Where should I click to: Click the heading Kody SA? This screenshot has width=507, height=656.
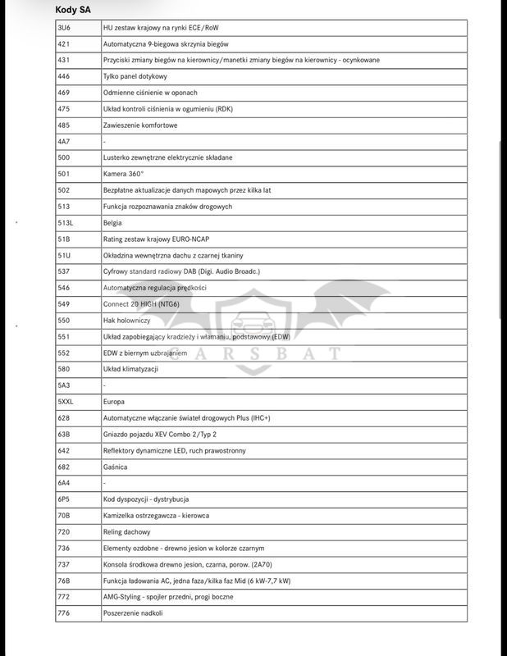click(73, 10)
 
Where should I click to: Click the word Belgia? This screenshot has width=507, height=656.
click(112, 222)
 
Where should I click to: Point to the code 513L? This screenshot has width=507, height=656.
click(66, 222)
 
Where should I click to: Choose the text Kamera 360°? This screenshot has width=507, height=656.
click(123, 174)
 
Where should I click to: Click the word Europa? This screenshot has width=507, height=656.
click(114, 402)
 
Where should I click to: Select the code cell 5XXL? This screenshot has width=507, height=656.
click(66, 402)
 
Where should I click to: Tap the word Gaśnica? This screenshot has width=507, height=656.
click(115, 467)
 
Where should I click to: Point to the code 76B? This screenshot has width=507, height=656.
click(64, 581)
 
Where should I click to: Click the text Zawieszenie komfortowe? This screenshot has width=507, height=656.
click(140, 125)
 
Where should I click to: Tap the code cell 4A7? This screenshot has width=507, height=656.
click(64, 141)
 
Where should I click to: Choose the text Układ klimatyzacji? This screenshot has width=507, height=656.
click(130, 369)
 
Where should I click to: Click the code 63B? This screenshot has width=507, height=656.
click(64, 434)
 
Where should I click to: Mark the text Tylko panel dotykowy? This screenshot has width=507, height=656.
click(135, 76)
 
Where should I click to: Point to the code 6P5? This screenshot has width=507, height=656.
click(64, 499)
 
